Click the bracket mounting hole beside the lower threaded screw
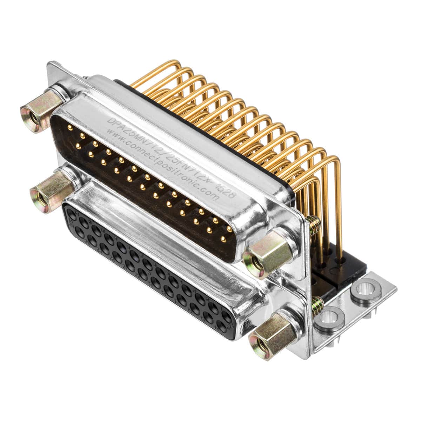click(331, 318)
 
